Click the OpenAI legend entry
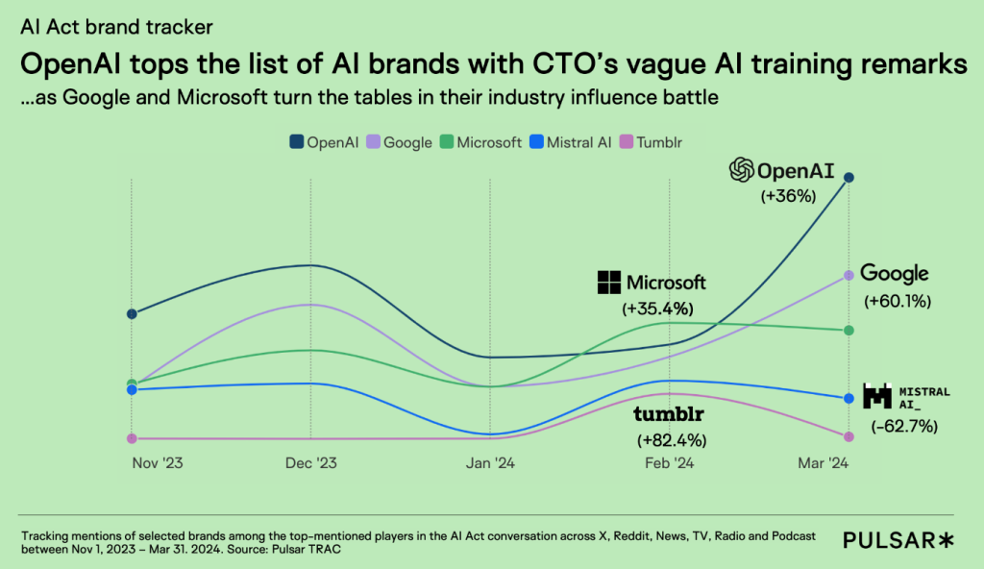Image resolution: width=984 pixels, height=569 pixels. pos(324,142)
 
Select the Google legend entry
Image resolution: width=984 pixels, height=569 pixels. pos(400,142)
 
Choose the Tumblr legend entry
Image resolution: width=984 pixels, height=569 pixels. pos(653,142)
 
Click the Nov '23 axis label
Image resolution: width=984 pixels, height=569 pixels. pos(157,463)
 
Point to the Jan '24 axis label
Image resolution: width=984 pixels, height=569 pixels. pos(490,463)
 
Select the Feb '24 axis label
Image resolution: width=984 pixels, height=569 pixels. pos(669,463)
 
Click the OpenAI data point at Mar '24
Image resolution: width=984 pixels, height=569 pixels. pos(849,177)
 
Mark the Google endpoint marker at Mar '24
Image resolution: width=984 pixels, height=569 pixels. pos(849,275)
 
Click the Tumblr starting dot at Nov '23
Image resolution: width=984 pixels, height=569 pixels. pos(132,438)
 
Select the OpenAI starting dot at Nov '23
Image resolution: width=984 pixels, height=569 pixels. pos(132,313)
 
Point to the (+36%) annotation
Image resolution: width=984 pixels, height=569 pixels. pos(788,196)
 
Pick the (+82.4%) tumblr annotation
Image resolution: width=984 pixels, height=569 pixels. pos(672,440)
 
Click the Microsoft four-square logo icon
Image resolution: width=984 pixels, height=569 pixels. pos(609,283)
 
